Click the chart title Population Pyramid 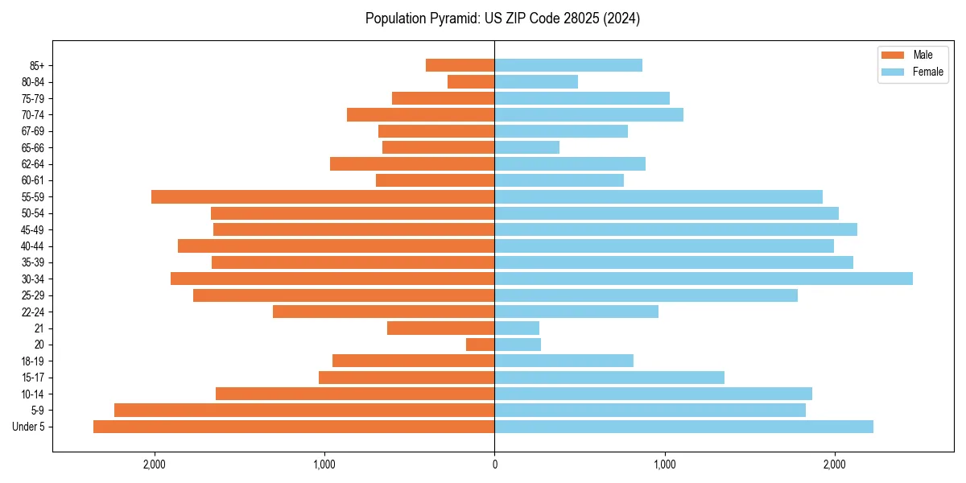[x=502, y=19]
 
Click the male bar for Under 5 [x=294, y=427]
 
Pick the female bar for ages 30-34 [x=704, y=279]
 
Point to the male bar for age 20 [x=481, y=345]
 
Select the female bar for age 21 [x=517, y=328]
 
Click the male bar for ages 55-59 [x=323, y=196]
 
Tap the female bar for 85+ [x=568, y=65]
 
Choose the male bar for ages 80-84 [x=471, y=82]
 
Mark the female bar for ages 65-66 [x=527, y=147]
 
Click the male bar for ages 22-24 [x=384, y=312]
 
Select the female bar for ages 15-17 [x=609, y=378]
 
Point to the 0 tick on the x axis [x=494, y=464]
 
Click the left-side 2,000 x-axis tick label [x=154, y=464]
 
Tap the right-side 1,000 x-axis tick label [x=665, y=464]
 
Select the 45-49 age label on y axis [x=32, y=229]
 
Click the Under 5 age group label [x=29, y=427]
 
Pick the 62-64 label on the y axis [x=32, y=163]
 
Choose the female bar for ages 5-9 [x=650, y=411]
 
